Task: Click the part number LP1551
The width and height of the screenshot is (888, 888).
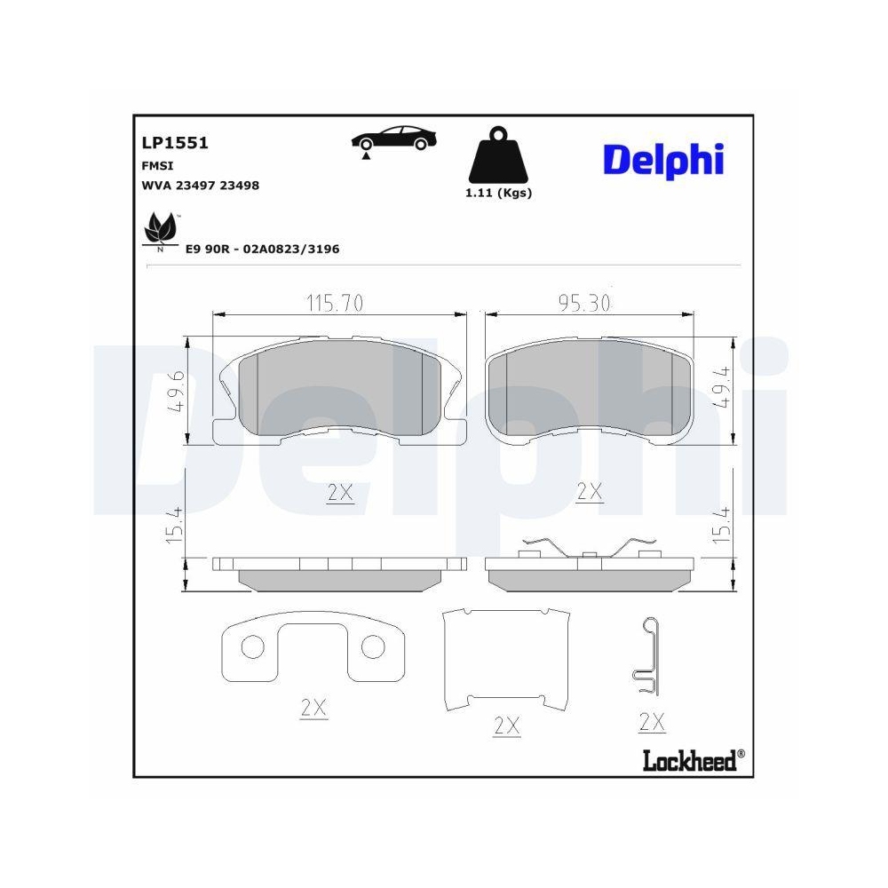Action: click(x=174, y=142)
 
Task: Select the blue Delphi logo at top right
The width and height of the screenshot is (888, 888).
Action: click(x=663, y=159)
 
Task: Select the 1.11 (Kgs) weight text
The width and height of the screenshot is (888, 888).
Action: click(x=498, y=193)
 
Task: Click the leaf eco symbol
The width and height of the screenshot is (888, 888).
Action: click(x=160, y=230)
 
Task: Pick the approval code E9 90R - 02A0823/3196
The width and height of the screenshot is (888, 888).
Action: click(x=262, y=250)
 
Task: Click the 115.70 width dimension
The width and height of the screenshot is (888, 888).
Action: click(x=335, y=304)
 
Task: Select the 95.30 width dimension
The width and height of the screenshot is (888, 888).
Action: click(x=584, y=304)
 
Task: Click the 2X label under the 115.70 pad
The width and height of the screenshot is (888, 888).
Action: click(x=339, y=493)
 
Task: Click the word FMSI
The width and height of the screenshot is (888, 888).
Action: click(x=157, y=165)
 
